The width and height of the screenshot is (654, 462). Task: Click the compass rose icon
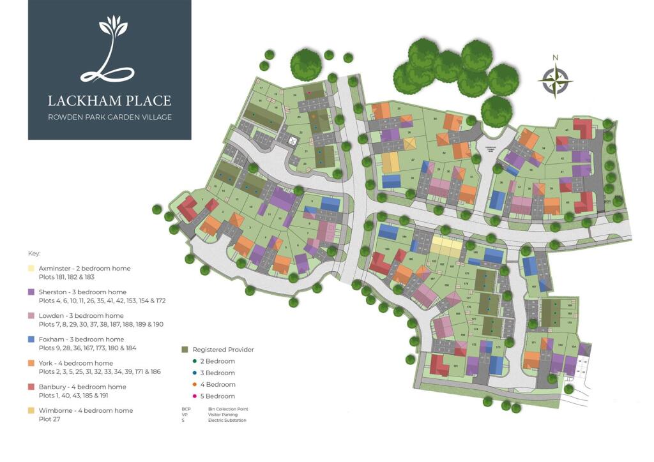pos(555,81)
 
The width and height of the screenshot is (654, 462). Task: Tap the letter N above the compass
pos(555,57)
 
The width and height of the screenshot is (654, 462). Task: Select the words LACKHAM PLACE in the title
pos(109,100)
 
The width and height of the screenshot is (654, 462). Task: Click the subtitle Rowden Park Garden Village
pos(109,117)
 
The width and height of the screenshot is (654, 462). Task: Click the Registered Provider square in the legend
pos(185,350)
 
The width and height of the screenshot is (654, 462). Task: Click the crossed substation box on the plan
pos(293,141)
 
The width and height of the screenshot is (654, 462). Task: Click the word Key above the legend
pos(34,253)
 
